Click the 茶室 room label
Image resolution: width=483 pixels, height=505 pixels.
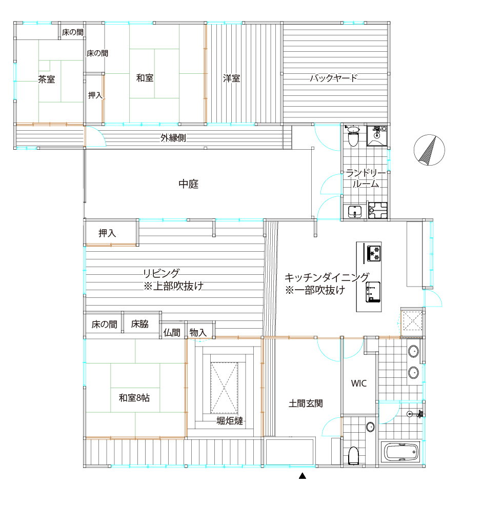tap(46, 79)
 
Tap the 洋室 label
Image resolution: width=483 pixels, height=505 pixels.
tap(232, 78)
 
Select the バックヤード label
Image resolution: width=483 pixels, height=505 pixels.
tap(334, 78)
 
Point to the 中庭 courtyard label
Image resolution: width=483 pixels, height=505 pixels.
tap(188, 184)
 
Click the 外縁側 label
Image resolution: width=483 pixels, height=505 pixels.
tap(173, 138)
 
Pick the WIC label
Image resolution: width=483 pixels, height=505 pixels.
tap(359, 383)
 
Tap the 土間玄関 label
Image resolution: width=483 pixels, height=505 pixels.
tap(306, 403)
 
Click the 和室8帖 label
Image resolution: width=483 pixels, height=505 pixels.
tap(134, 398)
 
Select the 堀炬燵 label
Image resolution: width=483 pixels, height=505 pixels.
tap(230, 420)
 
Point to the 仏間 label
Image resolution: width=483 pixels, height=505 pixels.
tap(172, 332)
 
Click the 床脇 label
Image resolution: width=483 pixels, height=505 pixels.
tap(140, 324)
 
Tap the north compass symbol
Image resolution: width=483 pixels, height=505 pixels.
tap(429, 150)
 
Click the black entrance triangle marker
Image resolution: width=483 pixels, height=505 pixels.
tap(303, 476)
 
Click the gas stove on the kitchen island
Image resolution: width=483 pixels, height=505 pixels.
tap(374, 253)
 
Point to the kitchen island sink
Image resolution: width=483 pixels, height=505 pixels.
tap(373, 292)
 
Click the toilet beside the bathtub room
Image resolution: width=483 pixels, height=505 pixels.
tap(353, 455)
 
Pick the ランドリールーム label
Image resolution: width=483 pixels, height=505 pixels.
tap(366, 178)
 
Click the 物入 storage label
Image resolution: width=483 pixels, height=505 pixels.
tap(198, 332)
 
